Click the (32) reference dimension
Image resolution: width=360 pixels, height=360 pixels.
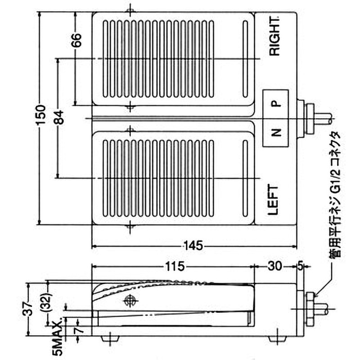pyautogui.click(x=49, y=304)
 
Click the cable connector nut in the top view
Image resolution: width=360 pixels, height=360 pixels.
pyautogui.click(x=309, y=119)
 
